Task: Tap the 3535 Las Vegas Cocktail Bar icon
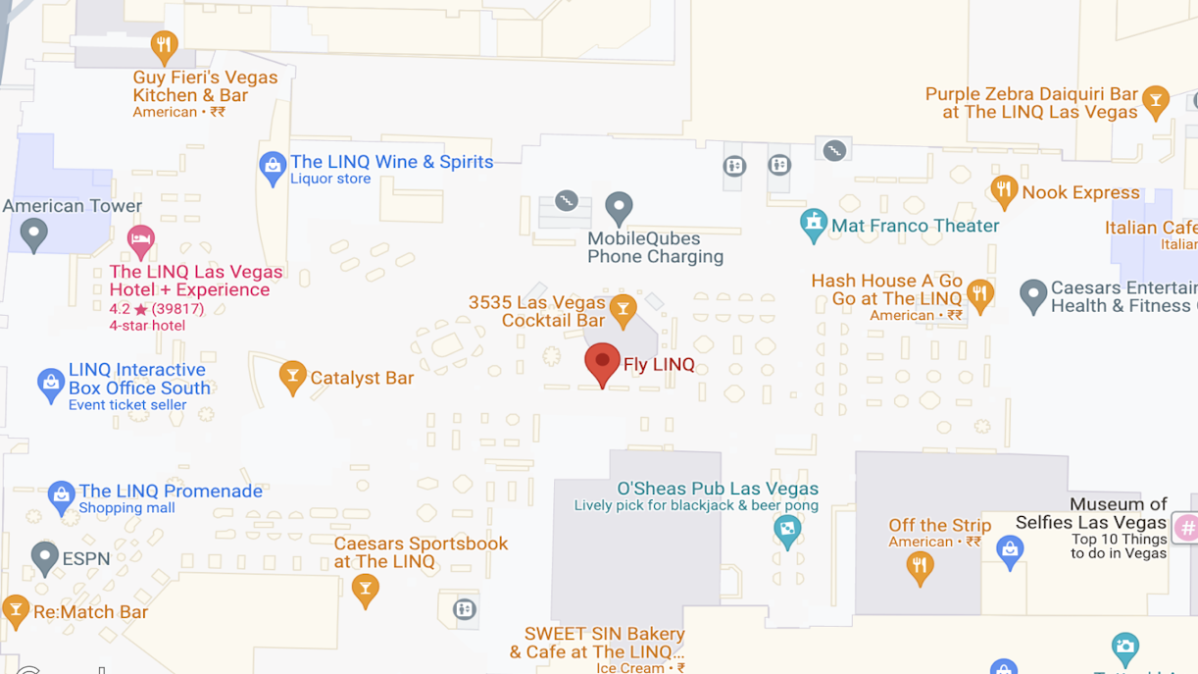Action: (x=623, y=311)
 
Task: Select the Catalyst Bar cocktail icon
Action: (x=292, y=377)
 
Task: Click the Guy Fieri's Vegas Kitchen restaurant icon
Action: (x=164, y=45)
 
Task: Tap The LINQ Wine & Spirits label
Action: (x=391, y=162)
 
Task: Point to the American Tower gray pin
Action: (x=34, y=234)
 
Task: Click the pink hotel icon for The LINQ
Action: (x=140, y=238)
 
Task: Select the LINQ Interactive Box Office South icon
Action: (x=51, y=385)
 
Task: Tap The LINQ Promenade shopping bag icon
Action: (x=62, y=497)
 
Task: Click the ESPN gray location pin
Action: (x=44, y=558)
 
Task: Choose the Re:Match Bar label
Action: (x=90, y=612)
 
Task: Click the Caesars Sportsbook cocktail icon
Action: (x=365, y=589)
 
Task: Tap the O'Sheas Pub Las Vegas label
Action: (x=718, y=489)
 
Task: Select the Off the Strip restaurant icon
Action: (x=920, y=566)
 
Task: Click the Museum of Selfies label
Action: (x=1091, y=513)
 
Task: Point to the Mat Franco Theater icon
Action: (x=813, y=225)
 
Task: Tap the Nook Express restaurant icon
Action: (x=1003, y=191)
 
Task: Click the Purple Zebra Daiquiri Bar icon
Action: (x=1156, y=101)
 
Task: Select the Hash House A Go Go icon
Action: (x=979, y=293)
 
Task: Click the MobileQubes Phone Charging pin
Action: (x=619, y=207)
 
